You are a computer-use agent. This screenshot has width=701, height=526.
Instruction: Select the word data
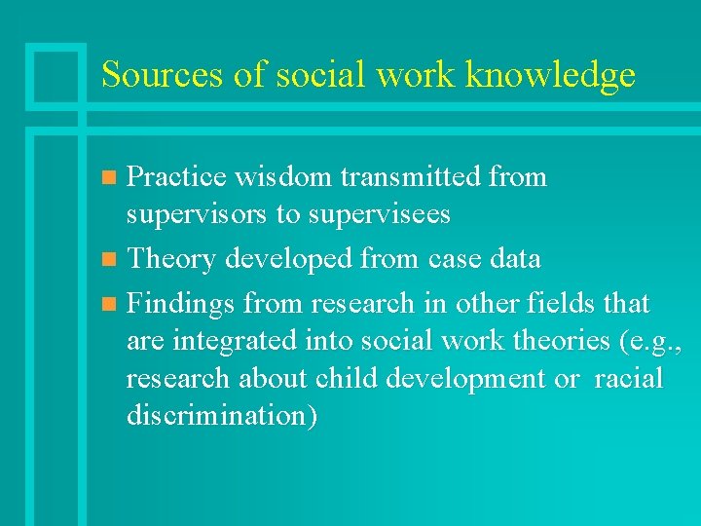click(515, 258)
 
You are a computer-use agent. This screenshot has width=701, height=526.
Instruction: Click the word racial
click(627, 378)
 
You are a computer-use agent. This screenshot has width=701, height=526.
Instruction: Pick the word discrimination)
click(221, 415)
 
